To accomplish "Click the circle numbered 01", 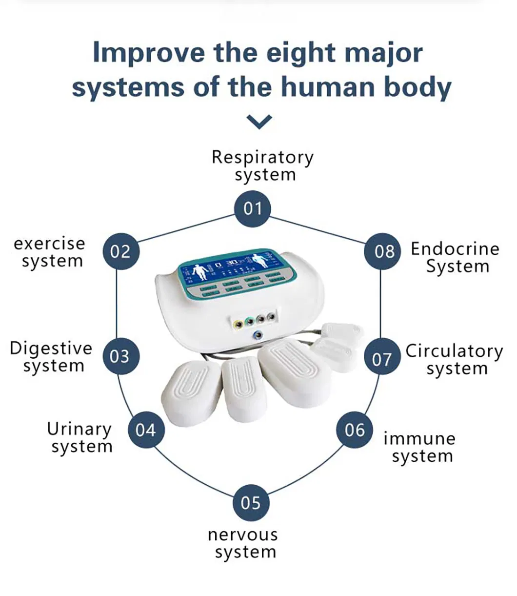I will (x=253, y=208).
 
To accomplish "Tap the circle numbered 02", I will (x=120, y=251).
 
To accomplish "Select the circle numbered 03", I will (x=120, y=356).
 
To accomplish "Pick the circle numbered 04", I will (x=145, y=430).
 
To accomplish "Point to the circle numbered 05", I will (x=251, y=502).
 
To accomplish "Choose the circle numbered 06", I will (x=355, y=430).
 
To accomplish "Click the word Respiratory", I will (x=262, y=157).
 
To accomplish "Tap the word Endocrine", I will (x=455, y=249).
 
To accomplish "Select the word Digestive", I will (x=51, y=349).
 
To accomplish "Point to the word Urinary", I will (x=79, y=430).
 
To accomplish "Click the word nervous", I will (x=242, y=534).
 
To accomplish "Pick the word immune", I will (x=419, y=438).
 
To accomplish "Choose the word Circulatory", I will (x=454, y=351).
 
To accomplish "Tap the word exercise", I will (x=49, y=243).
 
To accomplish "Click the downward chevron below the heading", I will (x=259, y=122).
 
